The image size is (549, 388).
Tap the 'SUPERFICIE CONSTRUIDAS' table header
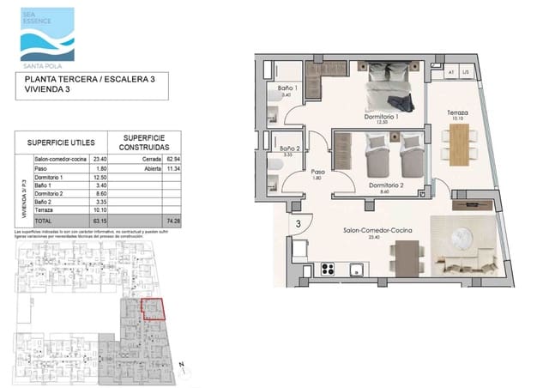tap(145, 142)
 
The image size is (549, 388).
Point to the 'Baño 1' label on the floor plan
tap(287, 89)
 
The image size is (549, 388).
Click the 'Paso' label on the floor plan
tap(317, 171)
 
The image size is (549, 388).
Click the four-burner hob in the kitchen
tap(328, 268)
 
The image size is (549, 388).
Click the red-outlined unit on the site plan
tap(152, 307)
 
